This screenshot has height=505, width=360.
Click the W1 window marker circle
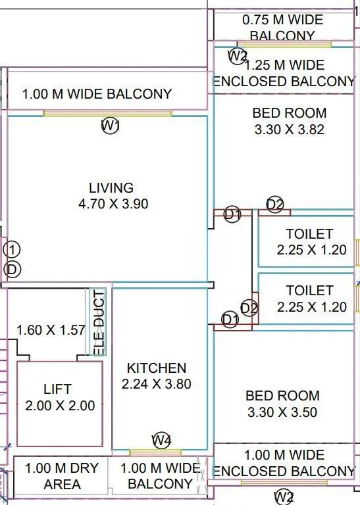(x=110, y=126)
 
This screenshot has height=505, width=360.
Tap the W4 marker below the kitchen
(x=161, y=441)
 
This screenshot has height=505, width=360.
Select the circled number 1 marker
(x=11, y=249)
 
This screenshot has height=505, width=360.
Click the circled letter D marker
(x=11, y=269)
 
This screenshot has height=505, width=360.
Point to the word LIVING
(x=111, y=188)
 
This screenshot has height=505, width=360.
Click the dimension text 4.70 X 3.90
(x=113, y=204)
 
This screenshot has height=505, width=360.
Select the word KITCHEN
(x=157, y=368)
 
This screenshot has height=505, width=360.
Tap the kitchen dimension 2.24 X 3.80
(x=157, y=384)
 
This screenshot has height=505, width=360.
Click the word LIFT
(x=57, y=389)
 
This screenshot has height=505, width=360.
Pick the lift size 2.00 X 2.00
(x=60, y=406)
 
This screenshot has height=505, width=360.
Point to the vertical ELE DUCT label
(x=99, y=322)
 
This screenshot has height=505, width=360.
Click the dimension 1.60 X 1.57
(x=51, y=329)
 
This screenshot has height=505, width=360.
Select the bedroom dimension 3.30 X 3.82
(x=290, y=130)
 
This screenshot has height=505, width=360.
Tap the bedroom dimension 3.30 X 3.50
(x=282, y=412)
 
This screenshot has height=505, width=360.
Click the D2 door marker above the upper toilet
(x=275, y=204)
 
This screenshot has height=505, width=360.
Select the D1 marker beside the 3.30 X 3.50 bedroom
(x=230, y=320)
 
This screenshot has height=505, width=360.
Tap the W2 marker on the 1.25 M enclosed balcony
(x=237, y=56)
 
